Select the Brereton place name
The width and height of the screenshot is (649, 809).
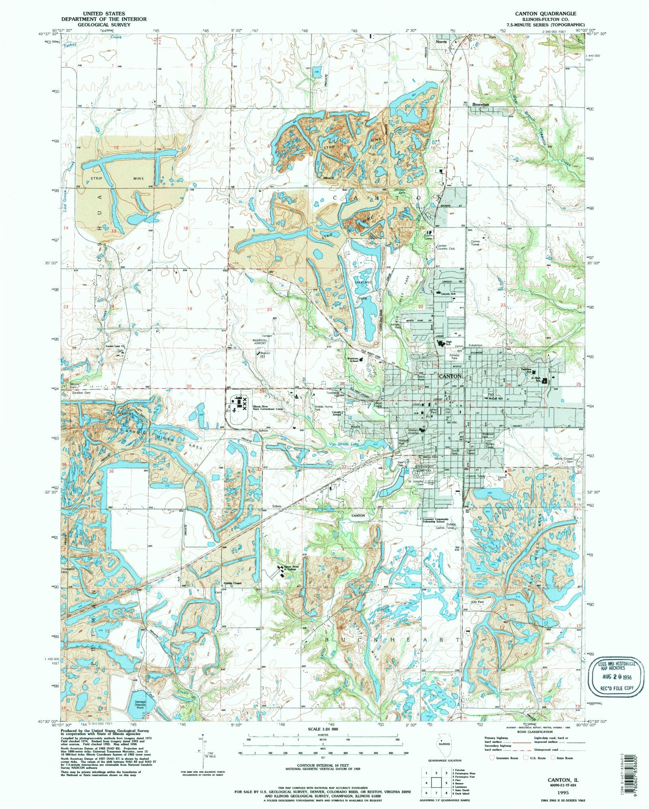[481, 105]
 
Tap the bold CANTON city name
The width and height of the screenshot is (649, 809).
[450, 376]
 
